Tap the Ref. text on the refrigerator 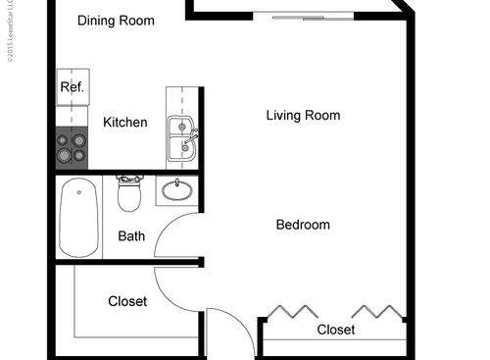(73, 87)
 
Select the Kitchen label (125, 123)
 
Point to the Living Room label (303, 116)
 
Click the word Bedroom (302, 225)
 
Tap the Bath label (131, 236)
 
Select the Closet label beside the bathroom (127, 301)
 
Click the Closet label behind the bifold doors (335, 331)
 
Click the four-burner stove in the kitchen (73, 147)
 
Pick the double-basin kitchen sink (182, 138)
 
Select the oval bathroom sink (176, 189)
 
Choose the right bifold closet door (376, 313)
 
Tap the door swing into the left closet (176, 289)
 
